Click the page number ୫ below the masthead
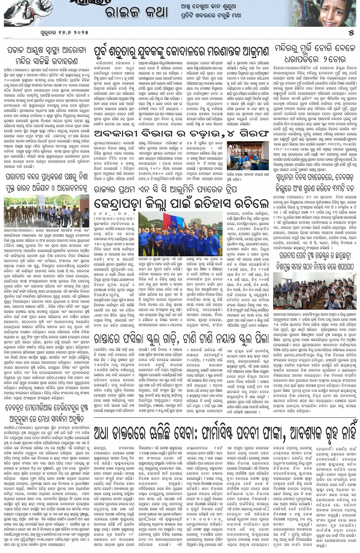(351, 33)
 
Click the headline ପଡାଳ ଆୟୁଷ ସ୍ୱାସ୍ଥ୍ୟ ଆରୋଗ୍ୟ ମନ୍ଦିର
(46, 56)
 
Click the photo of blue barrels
(247, 156)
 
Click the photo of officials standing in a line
(46, 211)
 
